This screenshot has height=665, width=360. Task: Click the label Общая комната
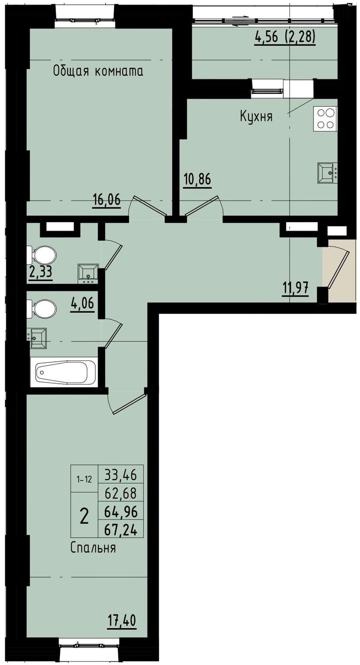[98, 71]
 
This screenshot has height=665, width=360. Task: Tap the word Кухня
[256, 116]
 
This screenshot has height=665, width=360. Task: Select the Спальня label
[93, 548]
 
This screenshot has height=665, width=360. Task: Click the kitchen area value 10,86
[197, 180]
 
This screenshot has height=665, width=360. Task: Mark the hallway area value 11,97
[295, 287]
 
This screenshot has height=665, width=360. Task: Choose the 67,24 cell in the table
[121, 529]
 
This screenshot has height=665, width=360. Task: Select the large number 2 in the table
[84, 516]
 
